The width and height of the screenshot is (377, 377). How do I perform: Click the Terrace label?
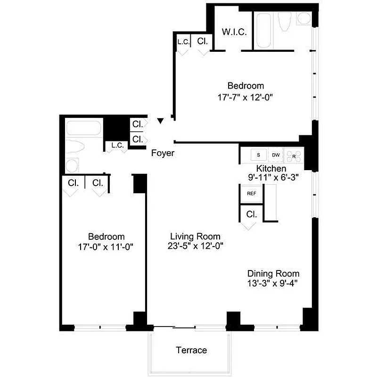point(191,350)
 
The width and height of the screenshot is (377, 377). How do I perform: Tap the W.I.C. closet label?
point(232,32)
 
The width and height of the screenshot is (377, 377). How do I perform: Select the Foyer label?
point(163,153)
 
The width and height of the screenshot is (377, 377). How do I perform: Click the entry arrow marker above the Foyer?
point(161,122)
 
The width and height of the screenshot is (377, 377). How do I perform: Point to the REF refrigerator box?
point(251,193)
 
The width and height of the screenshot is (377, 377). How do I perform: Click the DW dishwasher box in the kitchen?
point(276,155)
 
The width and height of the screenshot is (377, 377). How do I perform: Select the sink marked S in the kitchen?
point(258,155)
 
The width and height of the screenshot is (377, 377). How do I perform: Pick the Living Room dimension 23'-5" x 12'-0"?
point(196,246)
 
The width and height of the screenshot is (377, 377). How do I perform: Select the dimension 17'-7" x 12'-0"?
point(246,98)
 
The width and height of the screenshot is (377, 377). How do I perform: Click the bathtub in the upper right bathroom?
point(264,30)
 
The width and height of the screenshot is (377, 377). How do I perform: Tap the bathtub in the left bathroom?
point(84,129)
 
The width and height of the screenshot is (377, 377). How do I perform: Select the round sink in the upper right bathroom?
point(304,19)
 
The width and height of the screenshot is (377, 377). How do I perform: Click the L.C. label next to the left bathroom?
point(117,145)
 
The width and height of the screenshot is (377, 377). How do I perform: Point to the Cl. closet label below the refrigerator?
point(251,214)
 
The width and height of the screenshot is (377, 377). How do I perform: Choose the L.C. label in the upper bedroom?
point(183,41)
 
